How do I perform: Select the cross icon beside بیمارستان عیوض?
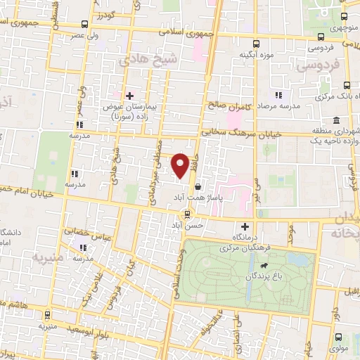(x=129, y=95)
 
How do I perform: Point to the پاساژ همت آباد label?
(x=206, y=200)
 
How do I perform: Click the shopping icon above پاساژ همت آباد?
(x=200, y=188)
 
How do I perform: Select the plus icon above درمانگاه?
(x=245, y=226)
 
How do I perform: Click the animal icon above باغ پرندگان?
(x=264, y=266)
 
